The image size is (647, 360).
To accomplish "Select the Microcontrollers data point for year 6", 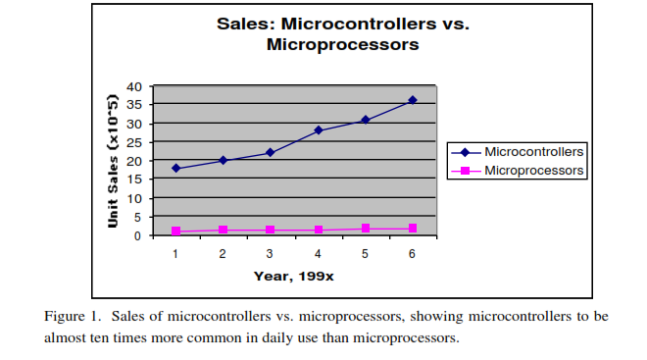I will click(413, 100).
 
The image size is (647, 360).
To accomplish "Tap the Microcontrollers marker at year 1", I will click(175, 168).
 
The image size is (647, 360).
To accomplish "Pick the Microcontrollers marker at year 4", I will click(318, 129).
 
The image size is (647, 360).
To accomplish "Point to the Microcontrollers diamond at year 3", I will click(271, 152).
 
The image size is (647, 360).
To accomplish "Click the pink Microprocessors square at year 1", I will click(175, 231).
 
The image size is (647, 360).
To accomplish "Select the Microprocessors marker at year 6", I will click(413, 228).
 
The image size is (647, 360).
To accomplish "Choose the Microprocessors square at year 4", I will click(318, 230).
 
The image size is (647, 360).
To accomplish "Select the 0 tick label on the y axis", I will click(145, 235).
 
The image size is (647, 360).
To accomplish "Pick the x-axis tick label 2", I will click(223, 254).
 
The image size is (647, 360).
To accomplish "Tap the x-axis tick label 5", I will click(365, 254).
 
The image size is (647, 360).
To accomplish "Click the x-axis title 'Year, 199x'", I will click(294, 276).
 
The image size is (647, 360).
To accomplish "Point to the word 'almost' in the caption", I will click(65, 337).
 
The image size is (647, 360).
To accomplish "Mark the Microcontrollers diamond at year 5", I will click(365, 120).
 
